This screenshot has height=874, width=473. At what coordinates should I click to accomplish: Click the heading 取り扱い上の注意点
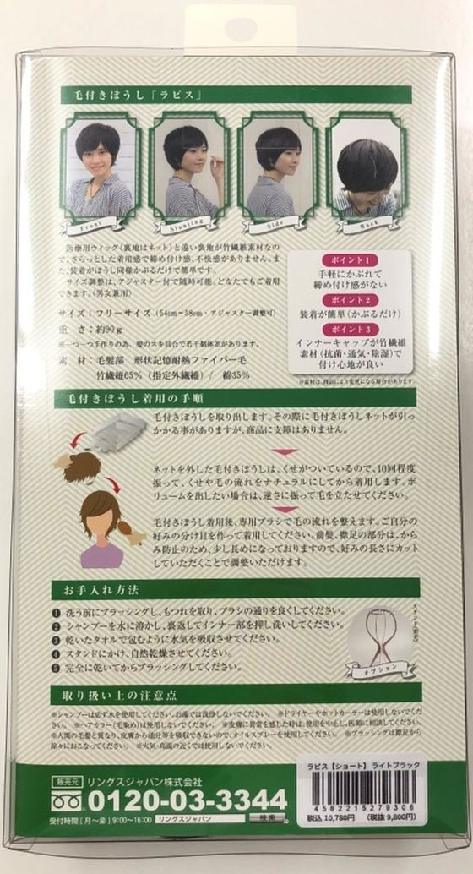click(x=114, y=696)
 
